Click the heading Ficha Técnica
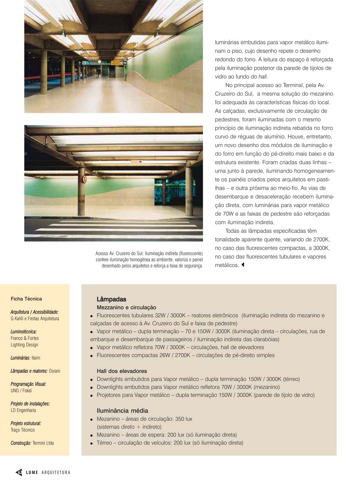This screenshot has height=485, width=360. pos(26,299)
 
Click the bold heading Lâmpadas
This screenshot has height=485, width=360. pos(111,299)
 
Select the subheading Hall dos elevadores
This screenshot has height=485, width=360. pos(122,371)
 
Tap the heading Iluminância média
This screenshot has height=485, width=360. pos(122,411)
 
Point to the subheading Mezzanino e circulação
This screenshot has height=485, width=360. pos(126,307)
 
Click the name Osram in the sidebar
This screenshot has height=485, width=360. pos(54,371)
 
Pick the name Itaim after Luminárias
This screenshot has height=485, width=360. pos(36,358)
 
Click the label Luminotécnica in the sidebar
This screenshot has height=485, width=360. pos(24,332)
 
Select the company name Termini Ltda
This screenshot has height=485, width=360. pos(43,443)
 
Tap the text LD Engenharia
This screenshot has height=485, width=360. pos(23,410)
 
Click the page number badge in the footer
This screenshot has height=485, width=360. pos(19,472)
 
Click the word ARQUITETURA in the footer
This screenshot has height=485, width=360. pos(56,472)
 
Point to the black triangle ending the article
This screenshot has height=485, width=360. pos(243,265)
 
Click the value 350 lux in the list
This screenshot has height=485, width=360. pos(184,419)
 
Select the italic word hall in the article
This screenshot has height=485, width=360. pos(262,77)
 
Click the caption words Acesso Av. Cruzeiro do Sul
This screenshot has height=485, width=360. pos(119,254)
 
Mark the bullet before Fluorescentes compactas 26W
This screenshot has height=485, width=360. pos(91,356)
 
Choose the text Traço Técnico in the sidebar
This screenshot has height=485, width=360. pos(22,430)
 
